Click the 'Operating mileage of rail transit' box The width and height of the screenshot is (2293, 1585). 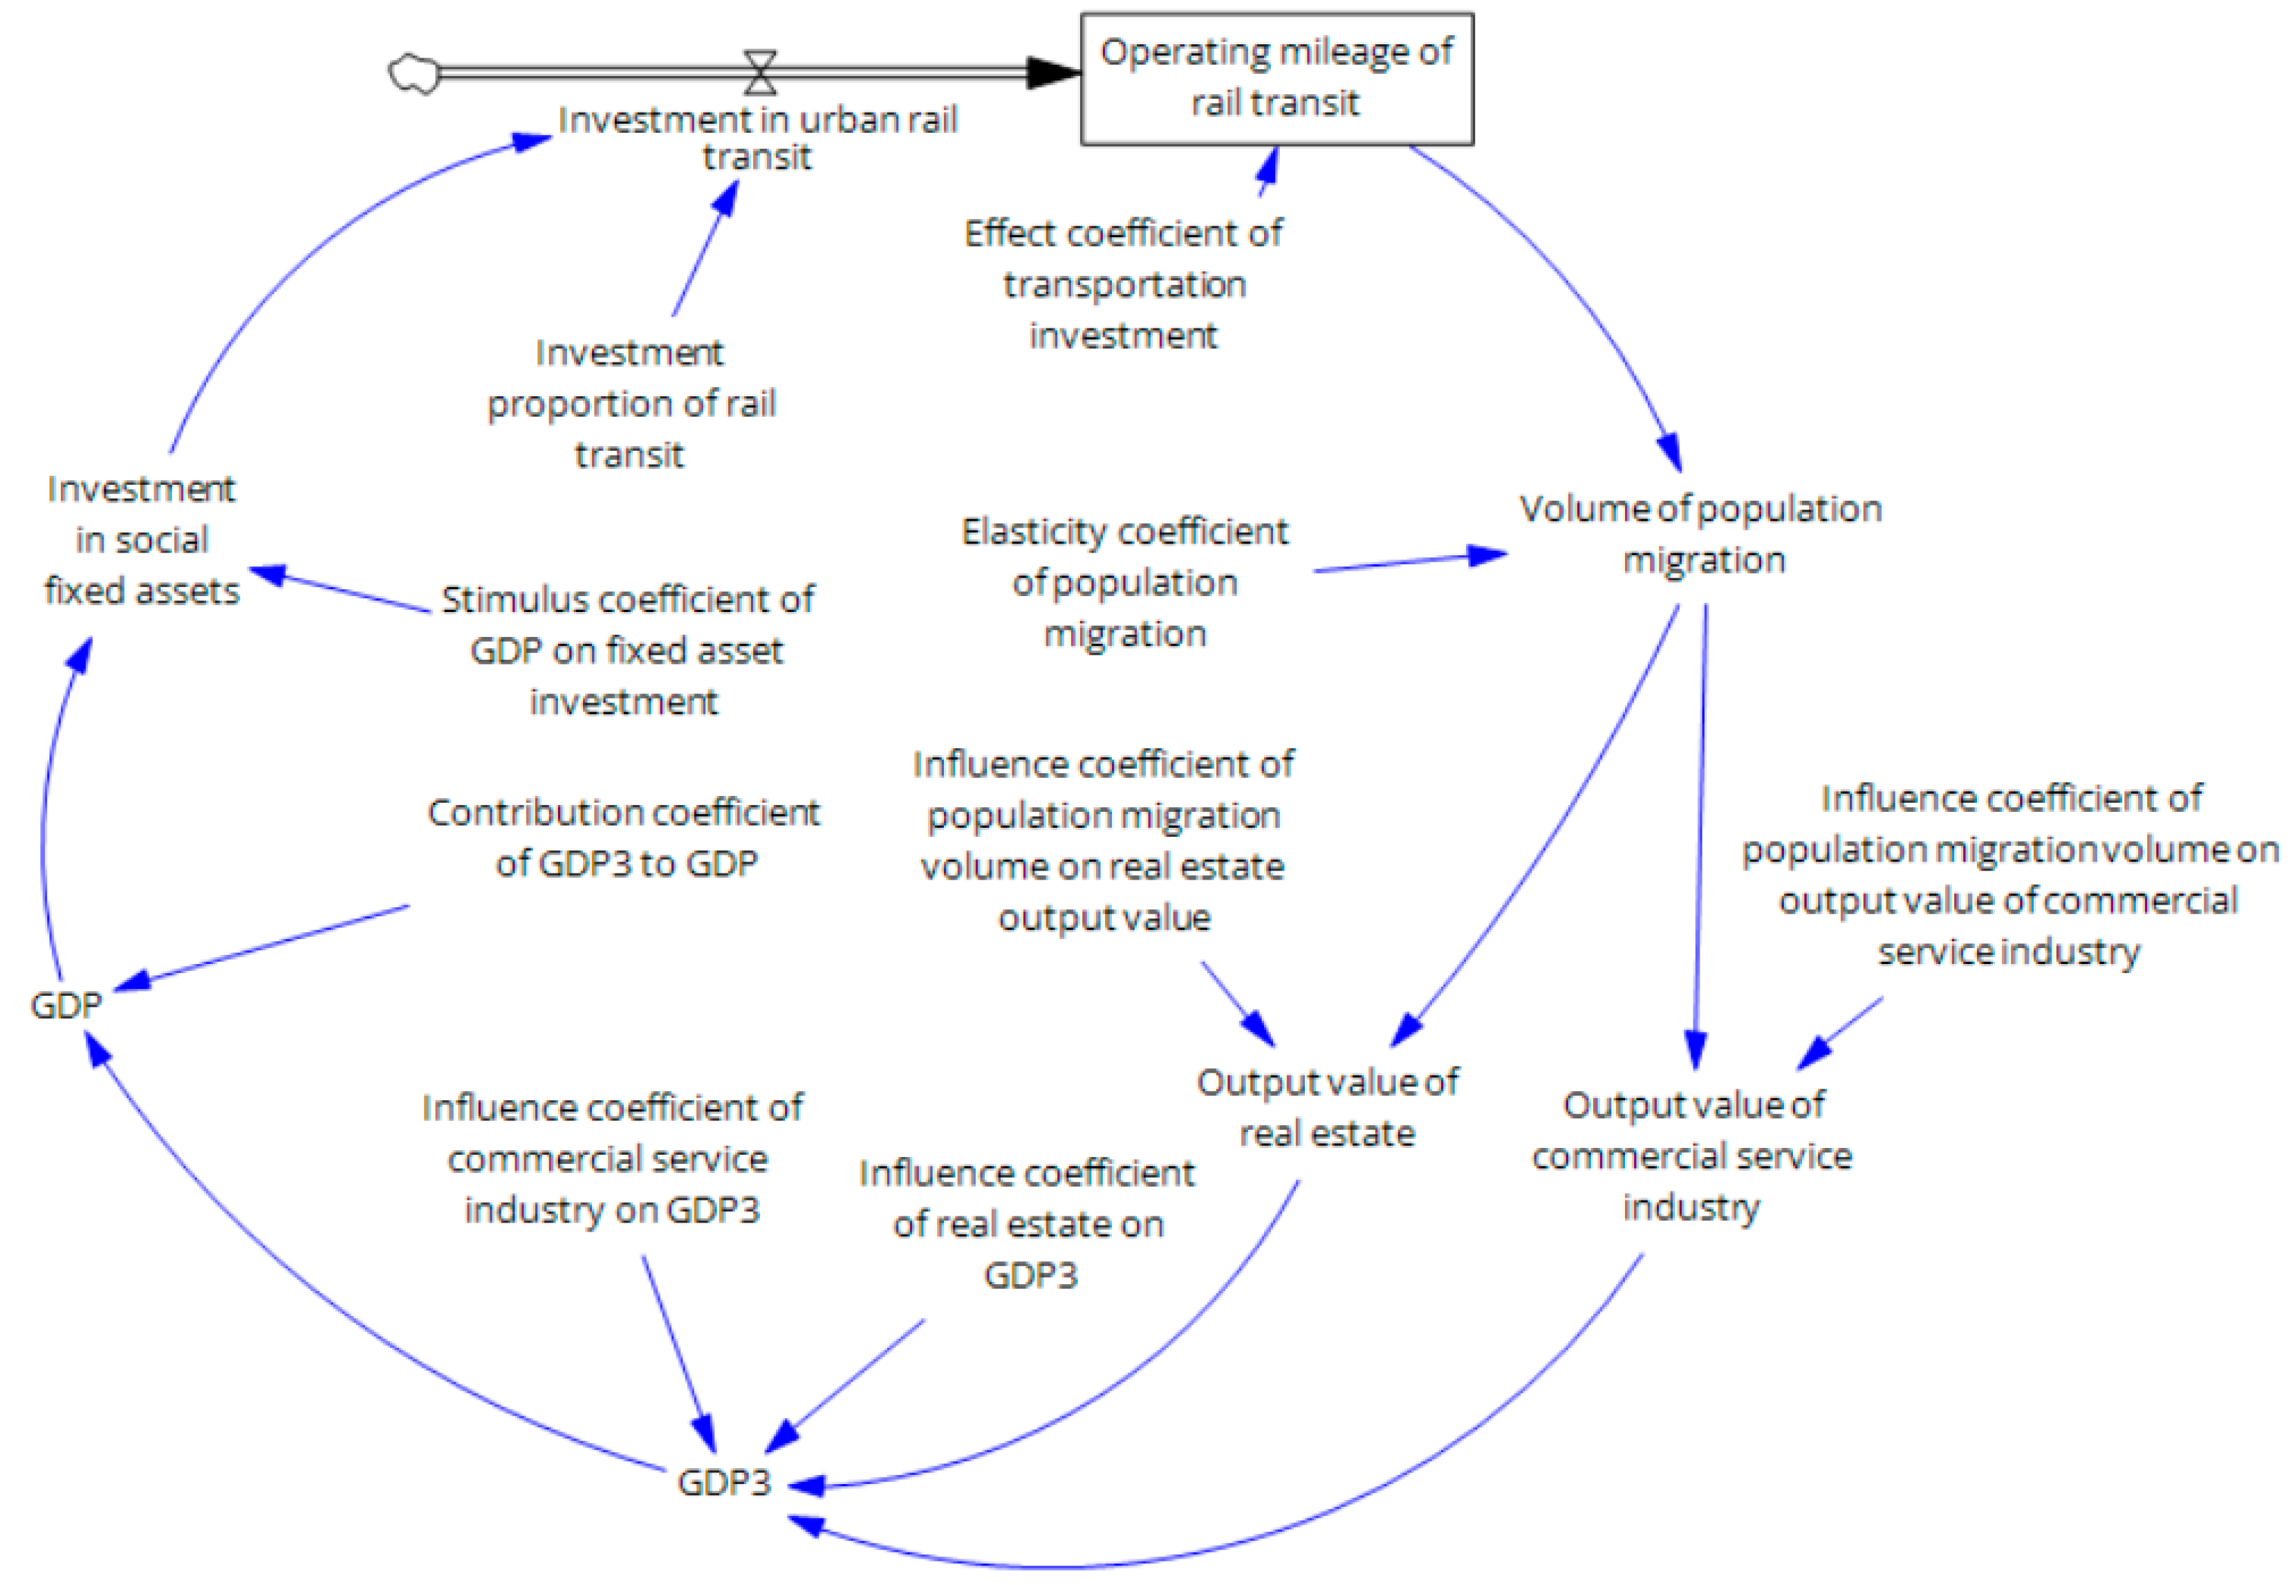point(1275,77)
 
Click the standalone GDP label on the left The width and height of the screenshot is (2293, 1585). point(66,1005)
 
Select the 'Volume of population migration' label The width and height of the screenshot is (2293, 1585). point(1700,535)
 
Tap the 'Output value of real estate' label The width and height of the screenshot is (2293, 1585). point(1327,1107)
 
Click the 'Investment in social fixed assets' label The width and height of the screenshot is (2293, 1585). point(141,540)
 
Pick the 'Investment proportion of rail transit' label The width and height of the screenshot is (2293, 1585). point(631,403)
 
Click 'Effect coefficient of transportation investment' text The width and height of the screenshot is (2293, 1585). point(1123,284)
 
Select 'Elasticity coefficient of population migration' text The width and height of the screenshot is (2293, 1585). point(1124,582)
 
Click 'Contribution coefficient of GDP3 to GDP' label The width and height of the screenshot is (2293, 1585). point(624,837)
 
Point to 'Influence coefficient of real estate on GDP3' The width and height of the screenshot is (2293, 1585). point(1028,1223)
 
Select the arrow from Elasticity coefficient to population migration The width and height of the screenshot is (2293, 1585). point(1410,562)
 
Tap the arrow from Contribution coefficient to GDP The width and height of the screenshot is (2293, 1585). point(263,945)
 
